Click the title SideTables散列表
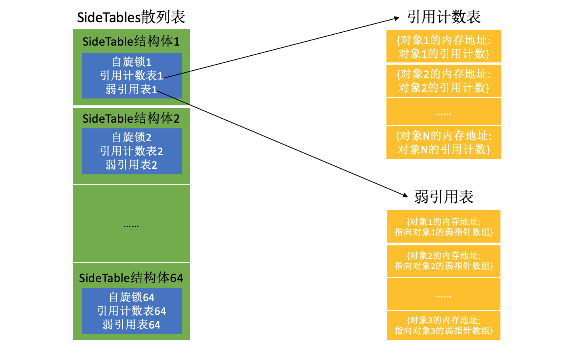coord(131,17)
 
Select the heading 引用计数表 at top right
coord(444,17)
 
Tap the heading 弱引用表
coord(444,197)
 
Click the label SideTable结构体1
coord(131,42)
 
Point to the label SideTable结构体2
coord(131,118)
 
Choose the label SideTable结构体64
coord(131,278)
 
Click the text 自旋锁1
coord(132,62)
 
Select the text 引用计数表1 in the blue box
coord(132,75)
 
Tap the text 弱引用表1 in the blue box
coord(132,89)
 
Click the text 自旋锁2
coord(132,137)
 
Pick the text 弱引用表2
coord(132,165)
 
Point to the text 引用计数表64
coord(132,311)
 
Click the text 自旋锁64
coord(132,297)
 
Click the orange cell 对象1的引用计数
coord(444,47)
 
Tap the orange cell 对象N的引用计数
coord(444,142)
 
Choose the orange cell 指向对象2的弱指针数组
coord(444,261)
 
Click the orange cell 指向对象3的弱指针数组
coord(444,325)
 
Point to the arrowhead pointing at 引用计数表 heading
coord(397,18)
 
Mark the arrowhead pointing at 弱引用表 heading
coord(406,195)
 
